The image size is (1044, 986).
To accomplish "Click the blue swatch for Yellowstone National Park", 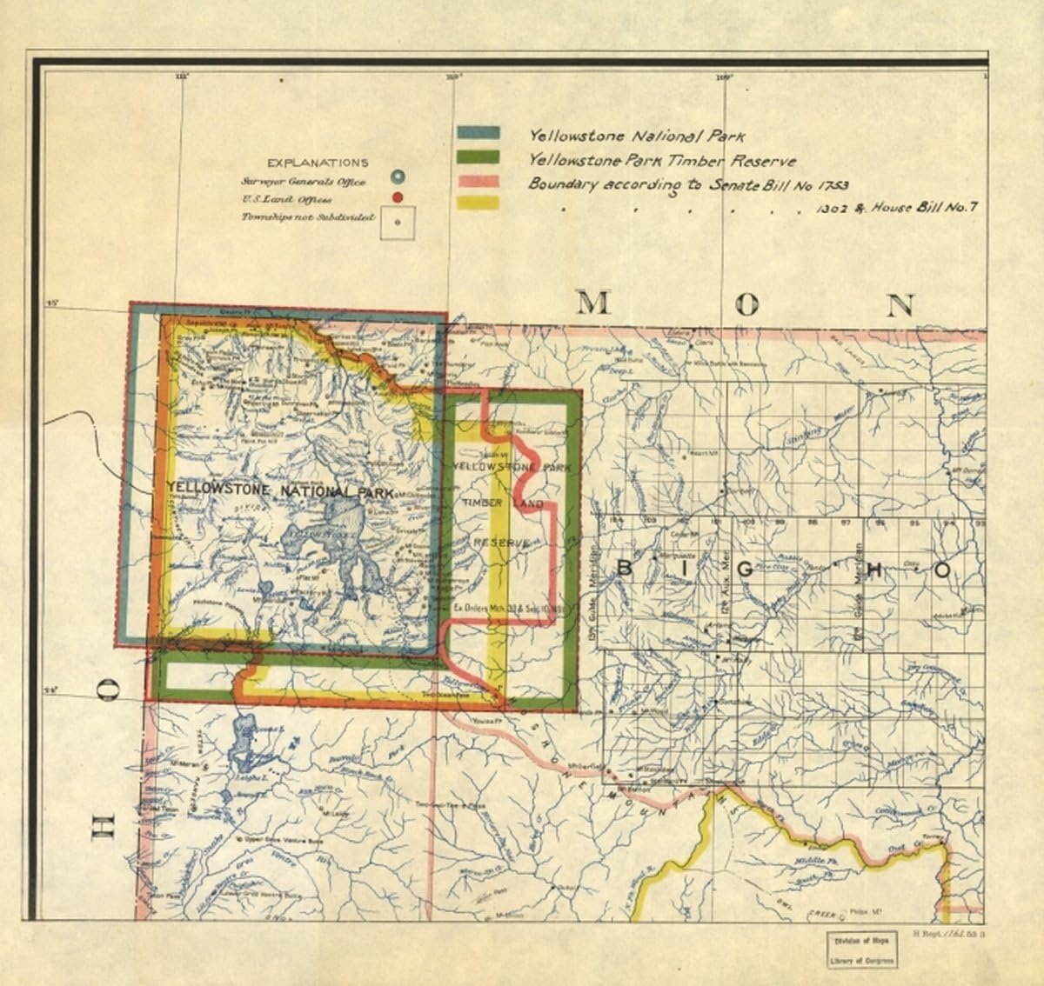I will point(478,133).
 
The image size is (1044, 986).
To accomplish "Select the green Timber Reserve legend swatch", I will point(478,157).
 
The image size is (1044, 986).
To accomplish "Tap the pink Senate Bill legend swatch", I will point(478,180).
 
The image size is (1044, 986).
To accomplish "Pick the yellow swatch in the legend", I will point(478,203).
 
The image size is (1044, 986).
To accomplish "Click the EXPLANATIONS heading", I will point(318,163).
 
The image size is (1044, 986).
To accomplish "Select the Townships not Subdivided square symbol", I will point(398,221).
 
